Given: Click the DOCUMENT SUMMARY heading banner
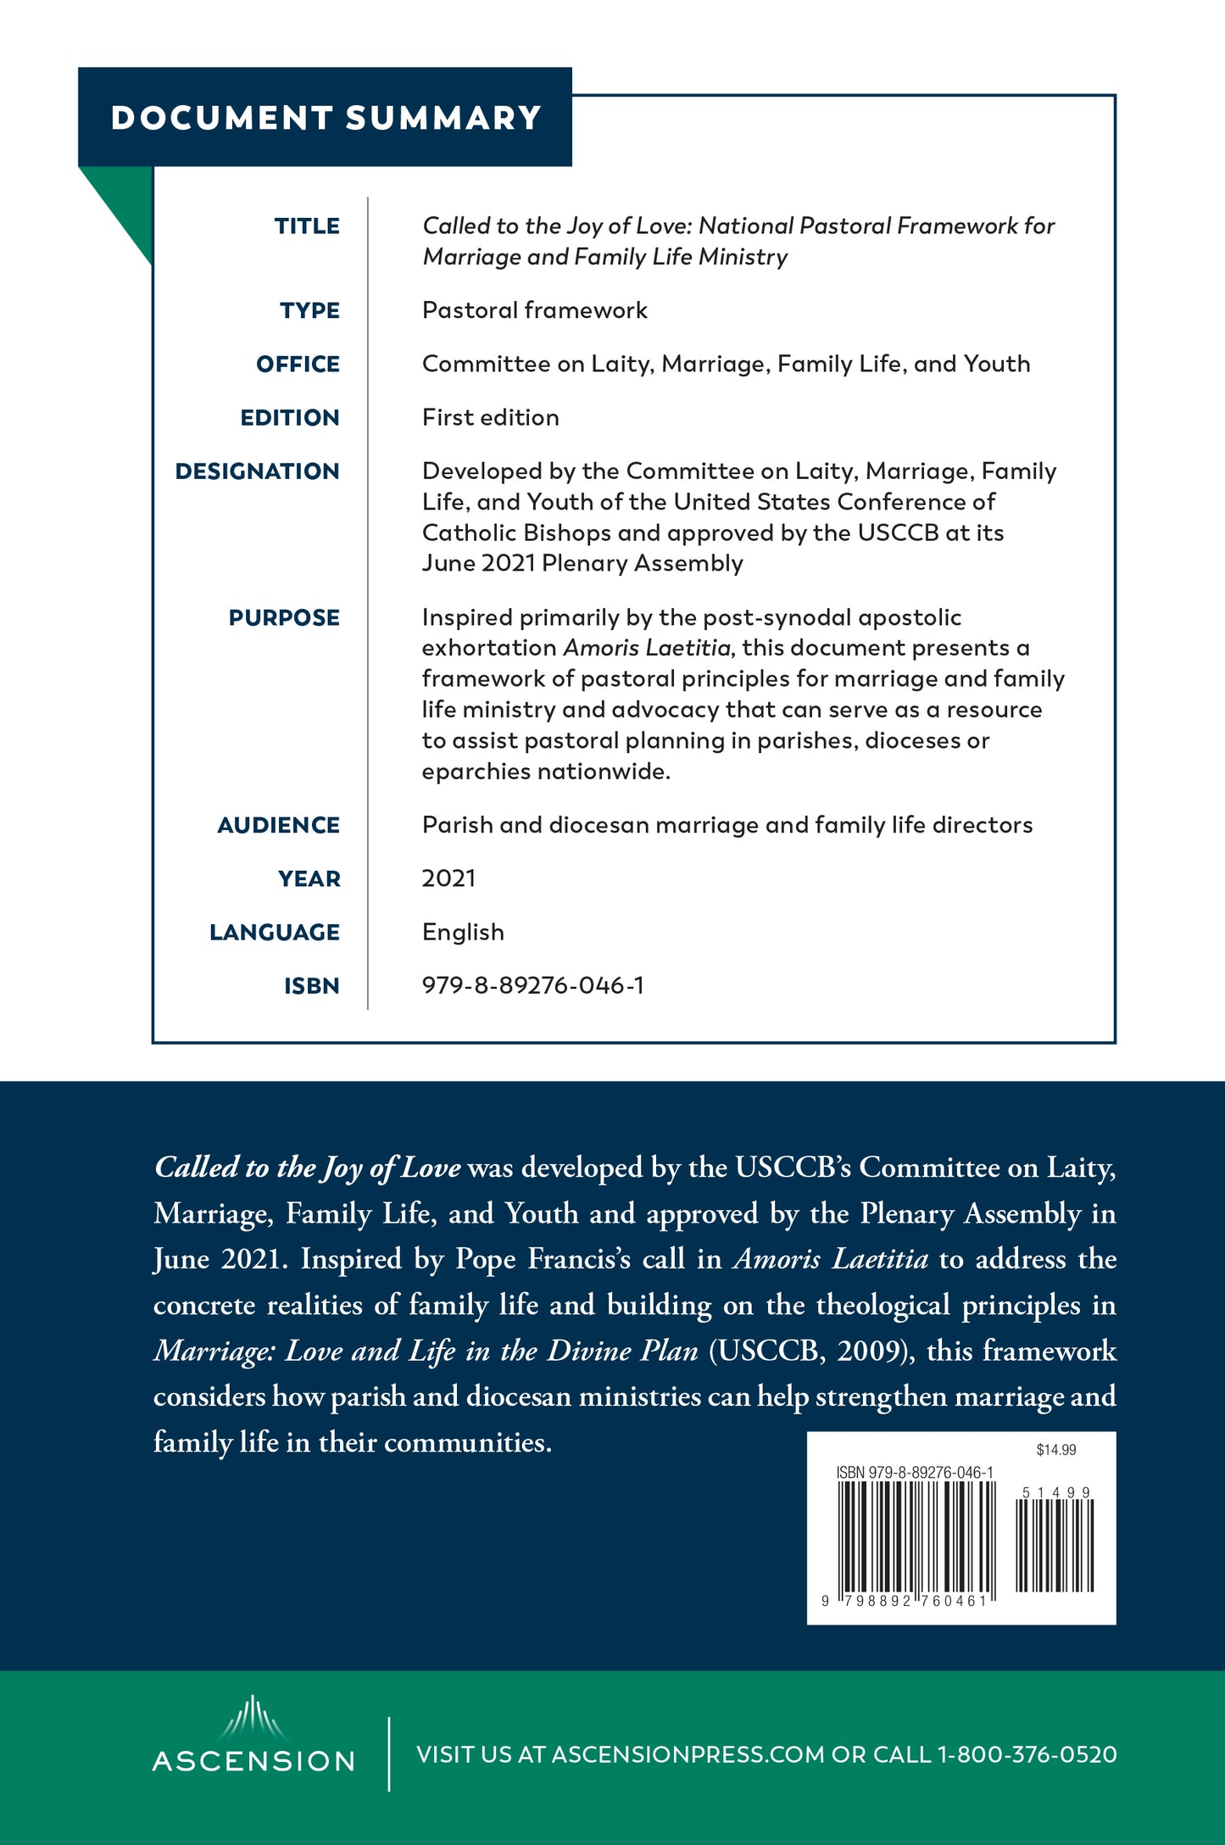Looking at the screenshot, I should point(326,117).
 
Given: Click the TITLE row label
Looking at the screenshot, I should point(307,226).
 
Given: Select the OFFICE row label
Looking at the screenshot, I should point(298,365).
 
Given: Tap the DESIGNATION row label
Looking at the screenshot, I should point(257,471).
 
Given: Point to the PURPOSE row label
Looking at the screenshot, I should point(284,618).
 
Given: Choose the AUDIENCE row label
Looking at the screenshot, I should point(278,826).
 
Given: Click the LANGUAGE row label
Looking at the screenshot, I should point(275,933).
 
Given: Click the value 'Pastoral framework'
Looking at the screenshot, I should point(534,310).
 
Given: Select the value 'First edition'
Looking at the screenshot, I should point(490,418).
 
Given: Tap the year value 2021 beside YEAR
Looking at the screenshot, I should point(448,878).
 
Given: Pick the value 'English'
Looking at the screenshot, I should point(463,933).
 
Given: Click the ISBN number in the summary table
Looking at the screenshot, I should point(532,985).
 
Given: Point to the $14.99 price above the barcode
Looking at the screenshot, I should point(1055,1450).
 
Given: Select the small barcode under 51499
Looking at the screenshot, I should point(1055,1545).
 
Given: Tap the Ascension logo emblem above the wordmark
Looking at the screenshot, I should point(253,1718).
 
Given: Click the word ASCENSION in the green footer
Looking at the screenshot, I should point(253,1762).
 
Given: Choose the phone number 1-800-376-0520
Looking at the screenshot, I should point(1027,1755).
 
